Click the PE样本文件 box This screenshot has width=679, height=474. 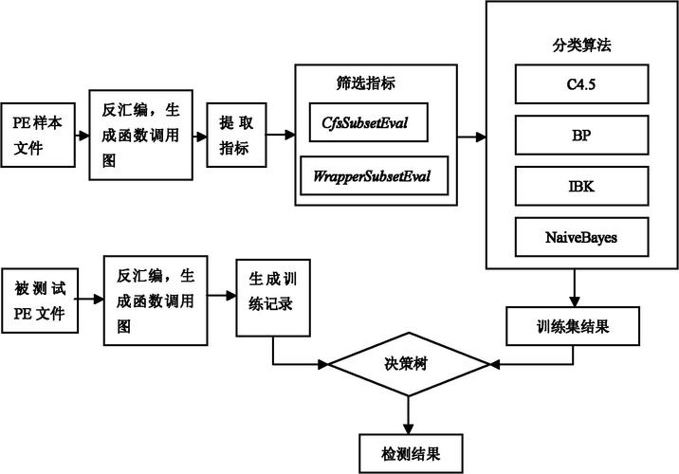click(38, 135)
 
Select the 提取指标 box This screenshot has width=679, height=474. click(236, 135)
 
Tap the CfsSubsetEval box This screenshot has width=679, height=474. click(369, 122)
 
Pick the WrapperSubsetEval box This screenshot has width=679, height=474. click(375, 175)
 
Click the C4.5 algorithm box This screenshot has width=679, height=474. click(581, 84)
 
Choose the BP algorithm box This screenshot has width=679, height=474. click(581, 135)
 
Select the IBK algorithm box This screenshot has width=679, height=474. click(581, 186)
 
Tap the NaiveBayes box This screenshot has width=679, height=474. click(581, 237)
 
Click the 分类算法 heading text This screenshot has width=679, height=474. click(581, 45)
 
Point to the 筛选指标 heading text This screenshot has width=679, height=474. click(366, 83)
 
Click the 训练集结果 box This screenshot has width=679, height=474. click(573, 326)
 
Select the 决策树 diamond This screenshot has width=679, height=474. click(409, 364)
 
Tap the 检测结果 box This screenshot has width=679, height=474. click(411, 454)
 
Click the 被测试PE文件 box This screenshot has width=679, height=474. click(40, 301)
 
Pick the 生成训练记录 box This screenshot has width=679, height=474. click(273, 298)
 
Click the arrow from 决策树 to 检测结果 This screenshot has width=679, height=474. click(409, 415)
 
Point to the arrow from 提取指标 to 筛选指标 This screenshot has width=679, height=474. click(281, 135)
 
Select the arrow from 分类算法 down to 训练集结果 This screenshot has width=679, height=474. click(575, 288)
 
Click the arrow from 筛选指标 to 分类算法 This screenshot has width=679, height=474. click(471, 137)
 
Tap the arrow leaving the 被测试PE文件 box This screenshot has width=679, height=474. click(89, 299)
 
